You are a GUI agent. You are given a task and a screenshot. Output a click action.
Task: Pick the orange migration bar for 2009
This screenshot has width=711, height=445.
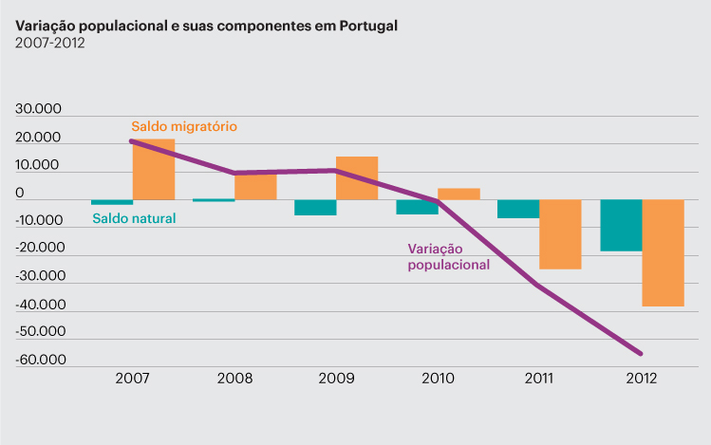[357, 178]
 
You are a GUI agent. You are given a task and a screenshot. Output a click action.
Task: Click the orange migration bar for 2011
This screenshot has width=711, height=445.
[560, 234]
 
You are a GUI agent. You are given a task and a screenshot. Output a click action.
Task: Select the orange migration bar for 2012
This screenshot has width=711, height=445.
[663, 252]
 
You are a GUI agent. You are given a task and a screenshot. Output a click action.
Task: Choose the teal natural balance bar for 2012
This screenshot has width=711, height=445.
[621, 225]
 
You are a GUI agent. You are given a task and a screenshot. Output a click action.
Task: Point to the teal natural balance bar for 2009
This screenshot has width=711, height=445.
[315, 207]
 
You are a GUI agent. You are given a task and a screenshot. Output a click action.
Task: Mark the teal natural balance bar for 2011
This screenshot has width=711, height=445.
[518, 209]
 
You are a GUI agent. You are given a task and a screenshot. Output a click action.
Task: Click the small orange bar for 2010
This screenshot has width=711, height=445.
[458, 194]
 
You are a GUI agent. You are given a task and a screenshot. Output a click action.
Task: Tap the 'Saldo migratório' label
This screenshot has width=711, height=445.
[184, 126]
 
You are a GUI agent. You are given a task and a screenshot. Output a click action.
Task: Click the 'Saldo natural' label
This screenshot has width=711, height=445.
[134, 218]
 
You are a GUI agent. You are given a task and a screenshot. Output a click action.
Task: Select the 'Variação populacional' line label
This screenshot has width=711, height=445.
[449, 257]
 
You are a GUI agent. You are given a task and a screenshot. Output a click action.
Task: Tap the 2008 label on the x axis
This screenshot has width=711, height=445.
[234, 378]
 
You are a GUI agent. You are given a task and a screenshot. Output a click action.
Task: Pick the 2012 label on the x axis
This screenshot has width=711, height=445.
[641, 378]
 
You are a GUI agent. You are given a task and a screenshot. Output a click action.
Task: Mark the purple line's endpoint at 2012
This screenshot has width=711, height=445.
[642, 354]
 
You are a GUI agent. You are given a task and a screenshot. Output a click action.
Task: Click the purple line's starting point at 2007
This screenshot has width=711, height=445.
[131, 140]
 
